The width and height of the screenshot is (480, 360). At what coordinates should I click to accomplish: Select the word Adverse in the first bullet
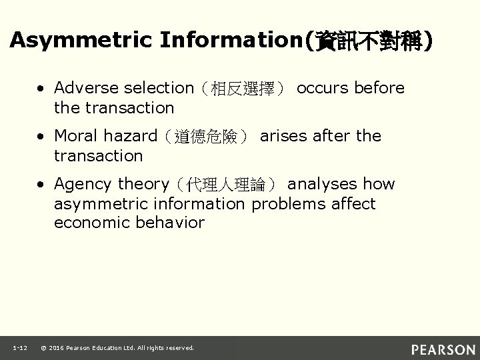(84, 88)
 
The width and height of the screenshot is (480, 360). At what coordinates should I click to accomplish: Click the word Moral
(75, 136)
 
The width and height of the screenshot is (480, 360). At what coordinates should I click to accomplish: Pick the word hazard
(131, 136)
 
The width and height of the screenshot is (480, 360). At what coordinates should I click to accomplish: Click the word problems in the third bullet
(289, 203)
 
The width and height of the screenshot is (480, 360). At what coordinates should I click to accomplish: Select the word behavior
(171, 223)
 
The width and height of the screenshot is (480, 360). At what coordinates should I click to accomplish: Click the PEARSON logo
(443, 349)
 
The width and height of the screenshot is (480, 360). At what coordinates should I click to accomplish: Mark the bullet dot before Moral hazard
(42, 137)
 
